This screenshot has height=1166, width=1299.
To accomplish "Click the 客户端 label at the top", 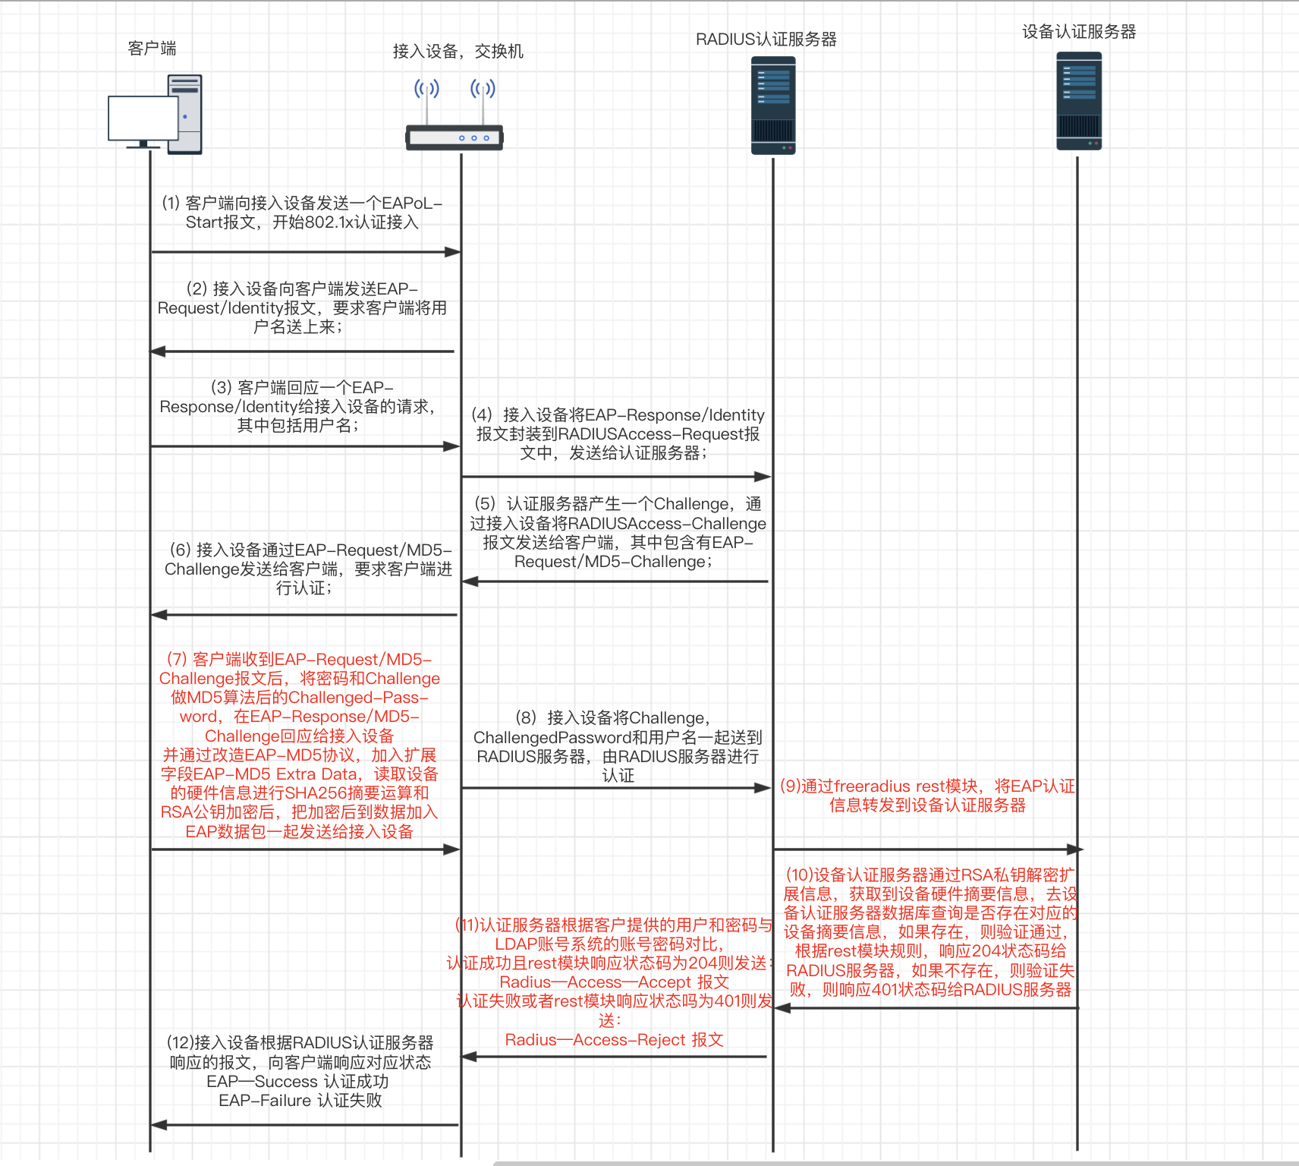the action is (152, 49).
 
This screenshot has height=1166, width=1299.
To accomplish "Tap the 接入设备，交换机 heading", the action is (458, 52).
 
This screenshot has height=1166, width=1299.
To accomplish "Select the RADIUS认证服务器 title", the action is (766, 39).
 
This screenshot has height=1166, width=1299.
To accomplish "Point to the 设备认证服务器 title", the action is (1079, 32).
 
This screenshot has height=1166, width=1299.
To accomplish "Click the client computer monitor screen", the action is (143, 118).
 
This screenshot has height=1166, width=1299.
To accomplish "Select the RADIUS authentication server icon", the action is (773, 106).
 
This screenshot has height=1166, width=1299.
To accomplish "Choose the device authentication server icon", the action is (1079, 101).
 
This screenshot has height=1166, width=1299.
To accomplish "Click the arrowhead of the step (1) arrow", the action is (453, 252).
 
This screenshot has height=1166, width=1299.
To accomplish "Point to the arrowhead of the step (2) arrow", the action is (158, 351).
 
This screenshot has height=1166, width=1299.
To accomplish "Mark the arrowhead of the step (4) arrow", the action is (763, 477).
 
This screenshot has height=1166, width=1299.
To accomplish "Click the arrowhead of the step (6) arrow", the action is (159, 615).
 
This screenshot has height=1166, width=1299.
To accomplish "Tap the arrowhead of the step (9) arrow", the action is (1075, 849).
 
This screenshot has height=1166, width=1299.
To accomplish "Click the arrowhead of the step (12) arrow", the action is (159, 1125).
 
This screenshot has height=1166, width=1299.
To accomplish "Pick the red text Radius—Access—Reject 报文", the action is (615, 1040).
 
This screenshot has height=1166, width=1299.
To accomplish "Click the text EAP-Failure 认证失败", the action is (300, 1101).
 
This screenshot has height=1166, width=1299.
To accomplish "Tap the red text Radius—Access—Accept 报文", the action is (615, 982).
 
